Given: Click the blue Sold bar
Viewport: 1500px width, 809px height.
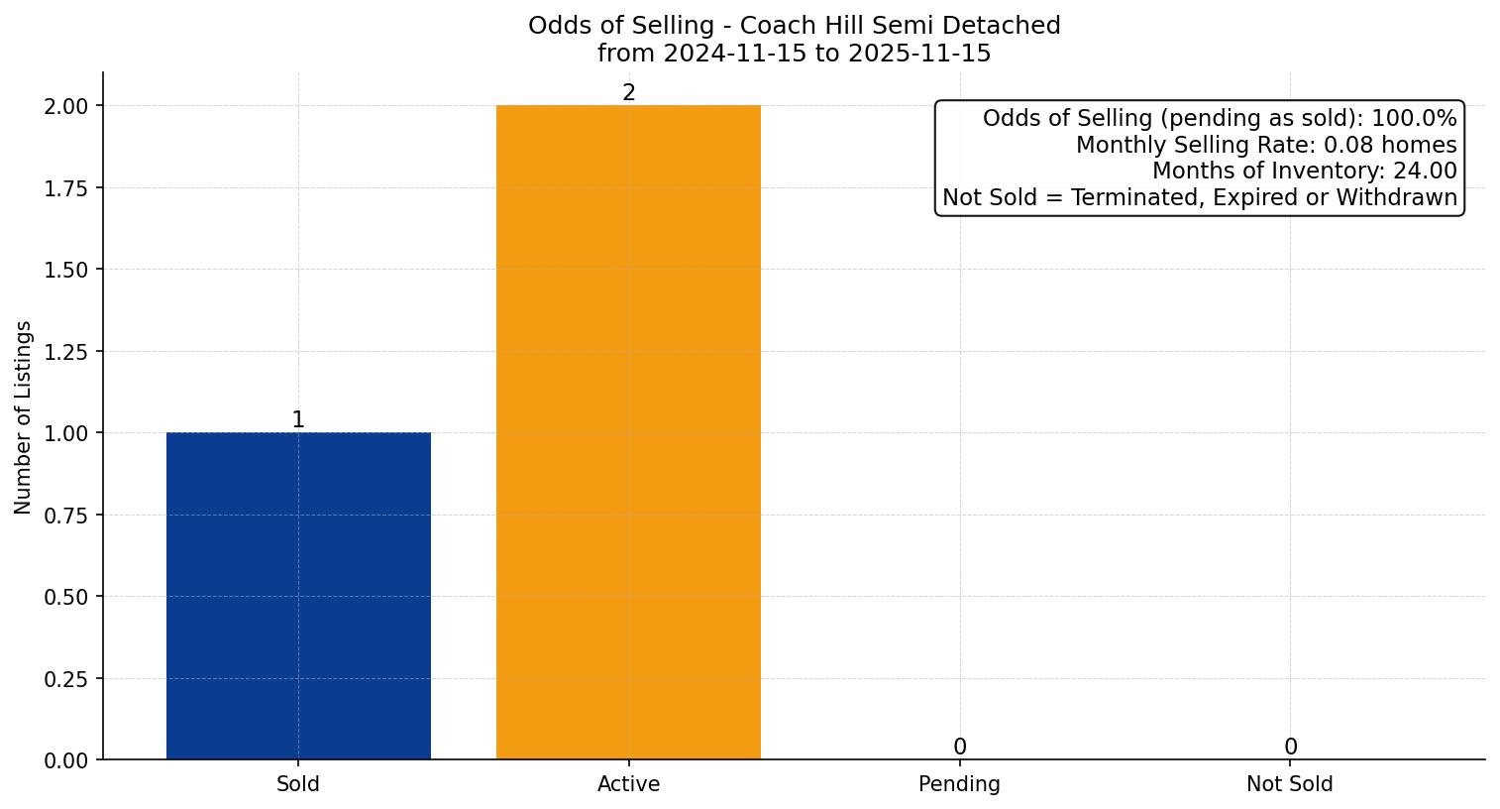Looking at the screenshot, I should pyautogui.click(x=298, y=596).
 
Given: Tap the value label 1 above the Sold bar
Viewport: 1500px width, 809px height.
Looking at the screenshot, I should pyautogui.click(x=298, y=420).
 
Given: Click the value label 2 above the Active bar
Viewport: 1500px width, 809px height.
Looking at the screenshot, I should pyautogui.click(x=628, y=93).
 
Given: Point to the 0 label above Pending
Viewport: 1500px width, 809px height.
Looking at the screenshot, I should pyautogui.click(x=959, y=748).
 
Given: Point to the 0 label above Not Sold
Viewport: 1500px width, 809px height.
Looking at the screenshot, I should pyautogui.click(x=1290, y=748).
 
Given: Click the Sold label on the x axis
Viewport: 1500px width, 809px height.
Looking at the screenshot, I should pyautogui.click(x=298, y=784).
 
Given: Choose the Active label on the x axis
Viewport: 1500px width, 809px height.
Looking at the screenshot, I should pyautogui.click(x=628, y=784).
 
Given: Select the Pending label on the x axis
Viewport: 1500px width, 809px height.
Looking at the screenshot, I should pyautogui.click(x=959, y=784).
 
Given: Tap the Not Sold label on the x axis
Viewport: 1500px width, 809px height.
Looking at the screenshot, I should pyautogui.click(x=1290, y=784).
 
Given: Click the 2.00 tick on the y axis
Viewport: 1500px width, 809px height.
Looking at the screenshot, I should pyautogui.click(x=66, y=106).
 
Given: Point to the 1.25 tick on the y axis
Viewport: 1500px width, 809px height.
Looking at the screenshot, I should pyautogui.click(x=66, y=352).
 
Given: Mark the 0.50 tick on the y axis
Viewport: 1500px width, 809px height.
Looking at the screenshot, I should pyautogui.click(x=66, y=597).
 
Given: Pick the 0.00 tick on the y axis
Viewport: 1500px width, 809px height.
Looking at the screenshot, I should pyautogui.click(x=66, y=760).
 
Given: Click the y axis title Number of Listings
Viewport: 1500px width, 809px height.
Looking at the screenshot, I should pyautogui.click(x=24, y=416).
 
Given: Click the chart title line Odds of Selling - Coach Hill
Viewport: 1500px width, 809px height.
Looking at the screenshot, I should pyautogui.click(x=794, y=26).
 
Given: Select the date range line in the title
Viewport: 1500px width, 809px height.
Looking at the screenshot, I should pyautogui.click(x=794, y=54).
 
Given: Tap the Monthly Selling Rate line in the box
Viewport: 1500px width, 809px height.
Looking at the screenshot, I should pyautogui.click(x=1266, y=145).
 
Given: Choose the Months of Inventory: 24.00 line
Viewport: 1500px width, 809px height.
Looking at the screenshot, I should pyautogui.click(x=1304, y=171).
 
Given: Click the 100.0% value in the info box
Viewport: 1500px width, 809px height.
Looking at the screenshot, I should pyautogui.click(x=1414, y=119).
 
